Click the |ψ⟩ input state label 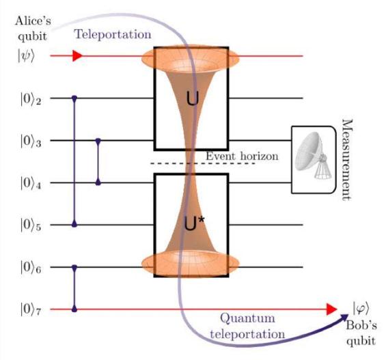click(x=25, y=56)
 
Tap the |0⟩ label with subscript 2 click(x=31, y=99)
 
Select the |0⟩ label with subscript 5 click(x=31, y=225)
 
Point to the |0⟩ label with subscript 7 click(x=31, y=310)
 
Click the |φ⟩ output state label click(x=361, y=308)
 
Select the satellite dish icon click(x=314, y=155)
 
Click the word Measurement click(x=348, y=160)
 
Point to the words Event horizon click(x=242, y=156)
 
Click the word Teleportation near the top click(x=113, y=34)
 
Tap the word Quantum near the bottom click(x=247, y=318)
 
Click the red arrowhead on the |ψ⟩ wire click(x=77, y=56)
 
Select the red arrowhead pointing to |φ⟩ click(x=331, y=309)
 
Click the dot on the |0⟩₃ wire click(x=98, y=141)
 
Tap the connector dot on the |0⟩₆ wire click(x=74, y=267)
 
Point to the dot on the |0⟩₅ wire click(x=74, y=225)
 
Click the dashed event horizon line click(x=203, y=164)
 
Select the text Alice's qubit click(x=33, y=29)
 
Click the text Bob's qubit click(x=361, y=333)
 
